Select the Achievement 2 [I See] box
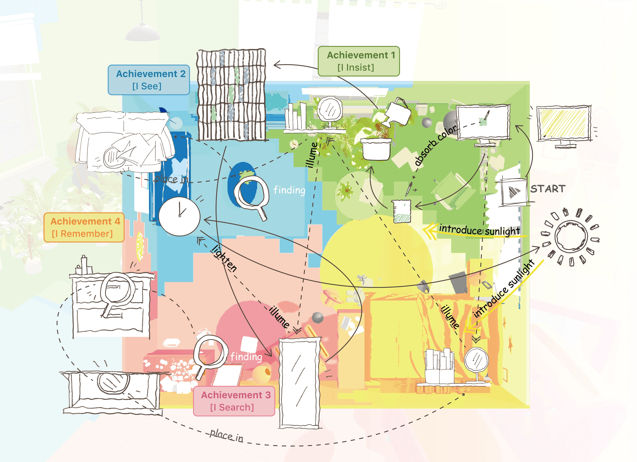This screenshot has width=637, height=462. [x=149, y=80]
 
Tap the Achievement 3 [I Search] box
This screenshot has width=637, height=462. [x=234, y=401]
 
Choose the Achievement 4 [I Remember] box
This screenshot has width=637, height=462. [x=84, y=227]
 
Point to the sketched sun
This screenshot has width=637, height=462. [x=571, y=236]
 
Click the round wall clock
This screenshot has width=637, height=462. [x=179, y=216]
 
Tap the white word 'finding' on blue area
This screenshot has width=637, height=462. [x=289, y=190]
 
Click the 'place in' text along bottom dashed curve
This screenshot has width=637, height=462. [x=226, y=436]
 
